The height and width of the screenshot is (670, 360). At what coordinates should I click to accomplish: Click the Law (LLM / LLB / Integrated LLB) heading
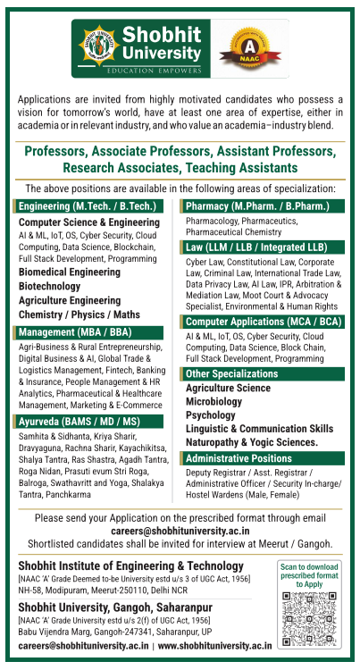click(255, 246)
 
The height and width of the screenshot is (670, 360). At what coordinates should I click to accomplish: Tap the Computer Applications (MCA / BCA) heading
click(263, 321)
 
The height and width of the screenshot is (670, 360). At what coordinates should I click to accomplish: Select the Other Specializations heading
click(232, 373)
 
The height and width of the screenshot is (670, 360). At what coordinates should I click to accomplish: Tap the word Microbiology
click(213, 402)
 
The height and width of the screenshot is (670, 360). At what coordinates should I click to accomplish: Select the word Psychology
click(211, 415)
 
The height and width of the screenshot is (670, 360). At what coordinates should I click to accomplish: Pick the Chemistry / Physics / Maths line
click(80, 314)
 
